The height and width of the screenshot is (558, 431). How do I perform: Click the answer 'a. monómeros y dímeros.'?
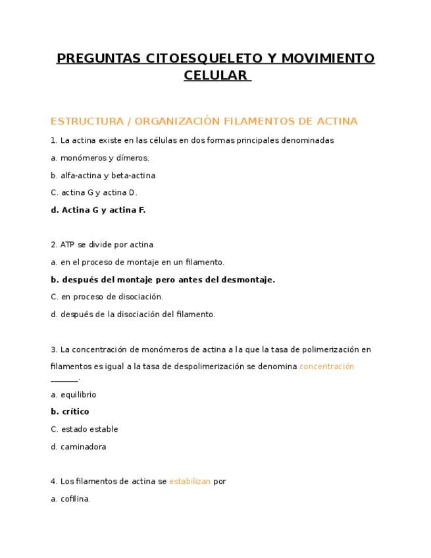point(100,158)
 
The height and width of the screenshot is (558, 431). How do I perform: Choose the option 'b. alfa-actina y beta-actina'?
point(103,176)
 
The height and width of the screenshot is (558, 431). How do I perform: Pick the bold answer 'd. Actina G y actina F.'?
point(98,210)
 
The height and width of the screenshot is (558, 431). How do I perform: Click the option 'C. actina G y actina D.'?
point(93,193)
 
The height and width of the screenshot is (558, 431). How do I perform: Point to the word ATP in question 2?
point(67,245)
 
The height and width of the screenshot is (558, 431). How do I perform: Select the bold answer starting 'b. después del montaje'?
point(163,280)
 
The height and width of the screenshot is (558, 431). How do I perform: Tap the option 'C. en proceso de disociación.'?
point(107,297)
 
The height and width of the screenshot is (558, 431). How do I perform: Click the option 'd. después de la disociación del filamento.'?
point(133,315)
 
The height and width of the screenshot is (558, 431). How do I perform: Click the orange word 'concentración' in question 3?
point(326,367)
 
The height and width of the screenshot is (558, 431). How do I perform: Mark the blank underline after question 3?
point(64,380)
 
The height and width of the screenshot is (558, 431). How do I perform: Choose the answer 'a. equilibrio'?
point(73,395)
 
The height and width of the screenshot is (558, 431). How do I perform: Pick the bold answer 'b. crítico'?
point(70,412)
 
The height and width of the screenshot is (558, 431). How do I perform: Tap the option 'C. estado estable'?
point(84,429)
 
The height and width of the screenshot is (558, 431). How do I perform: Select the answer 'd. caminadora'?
point(78,447)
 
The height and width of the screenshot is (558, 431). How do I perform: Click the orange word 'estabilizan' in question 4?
point(190,482)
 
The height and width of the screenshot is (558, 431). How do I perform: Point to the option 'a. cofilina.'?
point(70,499)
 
